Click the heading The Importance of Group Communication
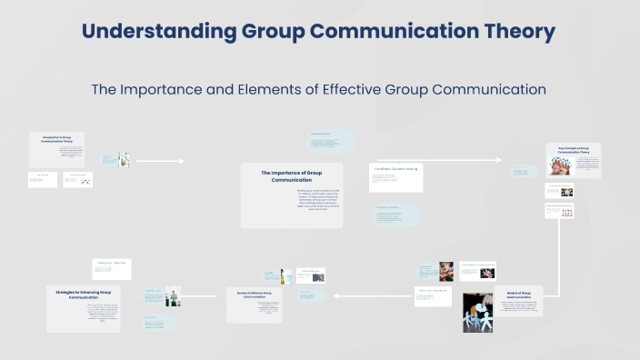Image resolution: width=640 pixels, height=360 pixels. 291,175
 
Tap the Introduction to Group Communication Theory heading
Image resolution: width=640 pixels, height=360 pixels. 55,139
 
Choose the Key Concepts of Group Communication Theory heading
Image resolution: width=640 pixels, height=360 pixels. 573,151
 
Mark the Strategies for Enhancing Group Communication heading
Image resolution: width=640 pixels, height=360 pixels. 83,295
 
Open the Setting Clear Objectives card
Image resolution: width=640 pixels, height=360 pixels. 112,265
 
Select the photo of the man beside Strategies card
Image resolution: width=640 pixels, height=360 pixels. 171,295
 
